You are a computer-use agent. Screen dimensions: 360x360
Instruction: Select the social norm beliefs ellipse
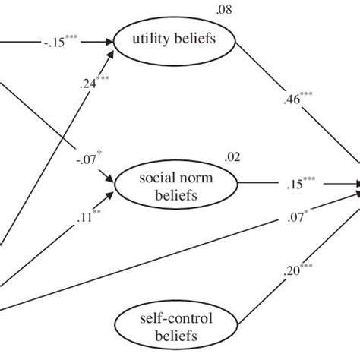click(171, 185)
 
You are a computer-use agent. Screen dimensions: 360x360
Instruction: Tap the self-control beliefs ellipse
click(171, 327)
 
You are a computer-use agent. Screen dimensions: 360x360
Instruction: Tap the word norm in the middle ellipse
click(191, 178)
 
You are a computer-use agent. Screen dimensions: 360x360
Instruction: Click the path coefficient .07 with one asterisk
click(295, 220)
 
